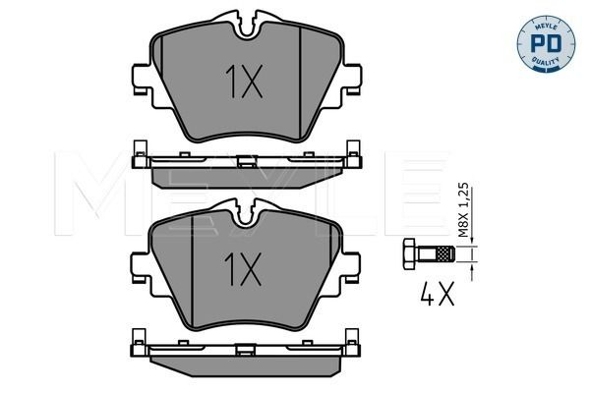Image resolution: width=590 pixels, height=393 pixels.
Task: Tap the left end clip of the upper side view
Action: [138, 155]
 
